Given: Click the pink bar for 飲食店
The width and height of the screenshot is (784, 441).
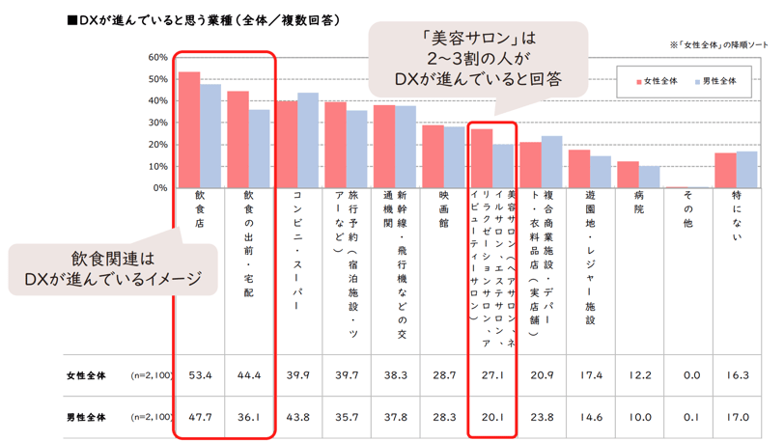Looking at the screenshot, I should click(x=189, y=130).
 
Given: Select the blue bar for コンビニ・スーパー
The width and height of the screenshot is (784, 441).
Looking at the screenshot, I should click(x=308, y=141).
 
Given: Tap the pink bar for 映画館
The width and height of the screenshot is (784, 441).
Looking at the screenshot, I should click(x=433, y=156).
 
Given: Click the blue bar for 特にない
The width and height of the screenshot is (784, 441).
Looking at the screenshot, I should click(x=747, y=170).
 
